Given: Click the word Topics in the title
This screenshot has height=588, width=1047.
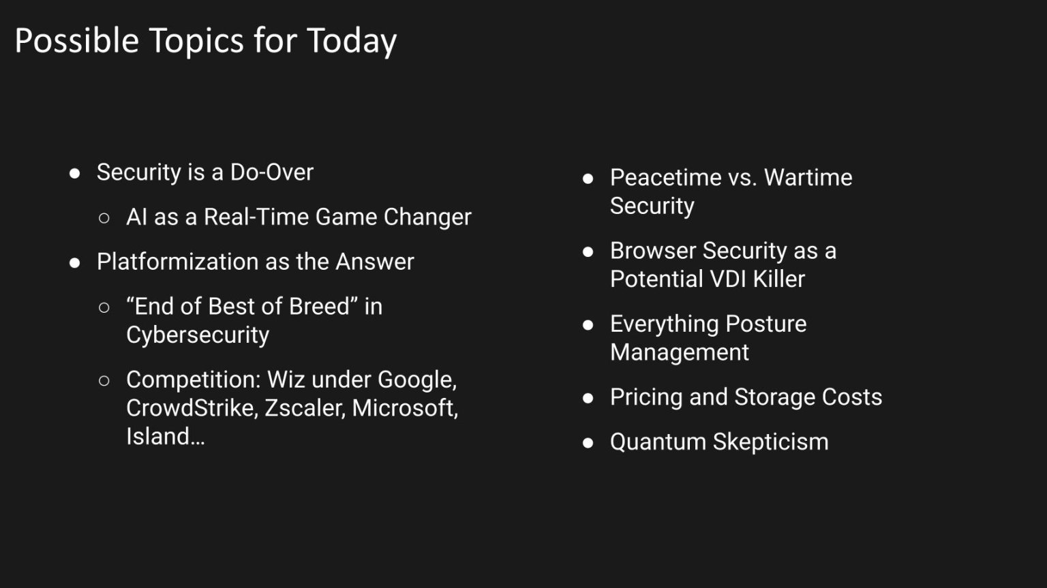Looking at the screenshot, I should pos(196,41).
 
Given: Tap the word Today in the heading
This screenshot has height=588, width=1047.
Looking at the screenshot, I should pos(352,41).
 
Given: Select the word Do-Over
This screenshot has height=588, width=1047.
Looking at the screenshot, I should pos(271,172).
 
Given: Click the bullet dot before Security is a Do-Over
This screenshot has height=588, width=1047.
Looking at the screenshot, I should pos(75,173).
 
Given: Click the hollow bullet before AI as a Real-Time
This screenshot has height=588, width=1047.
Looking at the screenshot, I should pos(104,218).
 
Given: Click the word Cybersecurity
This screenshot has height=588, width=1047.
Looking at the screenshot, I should pos(198,335).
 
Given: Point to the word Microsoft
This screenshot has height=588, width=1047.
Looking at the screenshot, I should pos(405,408).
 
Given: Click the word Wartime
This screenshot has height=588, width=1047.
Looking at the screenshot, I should pos(808,177).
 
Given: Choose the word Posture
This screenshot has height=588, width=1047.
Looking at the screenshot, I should pos(766,324).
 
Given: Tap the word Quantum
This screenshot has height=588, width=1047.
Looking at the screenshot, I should pos(658,442).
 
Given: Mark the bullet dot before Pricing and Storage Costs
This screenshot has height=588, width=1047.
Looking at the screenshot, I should pos(588,398).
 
